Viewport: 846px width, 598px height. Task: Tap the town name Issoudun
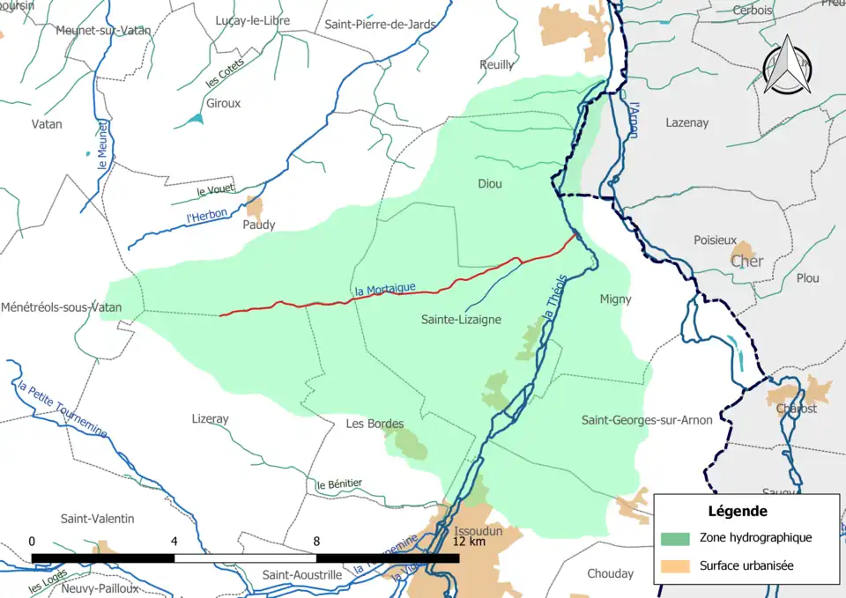477,532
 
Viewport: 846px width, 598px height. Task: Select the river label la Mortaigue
384,289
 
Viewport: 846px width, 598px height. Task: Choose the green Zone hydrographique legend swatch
675,537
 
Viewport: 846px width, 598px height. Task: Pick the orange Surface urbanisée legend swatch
675,565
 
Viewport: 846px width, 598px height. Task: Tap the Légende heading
737,511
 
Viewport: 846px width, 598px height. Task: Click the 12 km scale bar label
469,541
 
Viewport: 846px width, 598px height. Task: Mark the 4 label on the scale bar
174,541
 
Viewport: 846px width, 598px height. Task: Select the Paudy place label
258,225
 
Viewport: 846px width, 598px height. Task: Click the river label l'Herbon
207,215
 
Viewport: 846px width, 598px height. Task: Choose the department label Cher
746,262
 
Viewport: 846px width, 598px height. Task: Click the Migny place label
615,299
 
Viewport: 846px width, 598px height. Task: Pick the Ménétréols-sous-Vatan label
61,307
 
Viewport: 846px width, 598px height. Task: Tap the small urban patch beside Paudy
255,208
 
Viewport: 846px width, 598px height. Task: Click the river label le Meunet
104,145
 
